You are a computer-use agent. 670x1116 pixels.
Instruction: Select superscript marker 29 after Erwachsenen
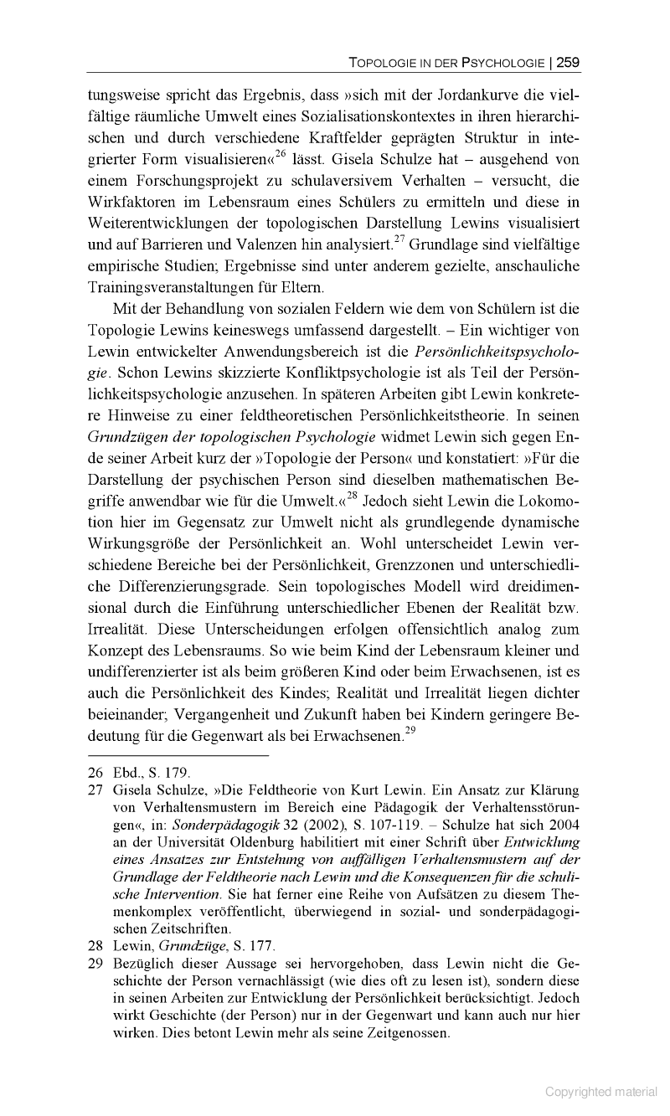click(410, 731)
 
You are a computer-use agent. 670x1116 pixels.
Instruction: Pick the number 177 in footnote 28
click(261, 947)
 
